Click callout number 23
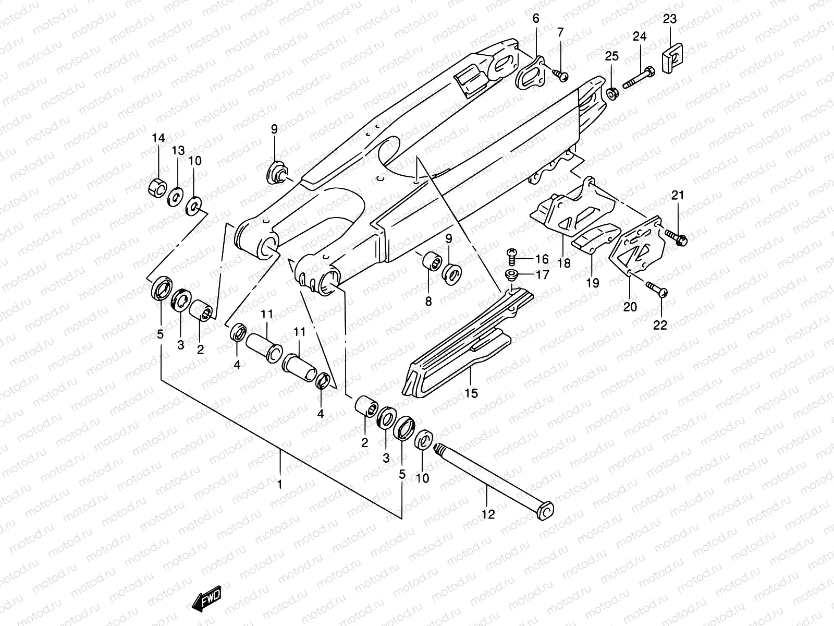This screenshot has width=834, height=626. pyautogui.click(x=670, y=19)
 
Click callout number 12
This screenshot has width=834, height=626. pyautogui.click(x=488, y=514)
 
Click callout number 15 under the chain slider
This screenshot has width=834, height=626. pyautogui.click(x=471, y=393)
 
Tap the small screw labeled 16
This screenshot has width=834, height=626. pyautogui.click(x=512, y=255)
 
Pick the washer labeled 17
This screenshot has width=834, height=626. pyautogui.click(x=512, y=274)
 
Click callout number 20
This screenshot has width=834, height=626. pyautogui.click(x=630, y=306)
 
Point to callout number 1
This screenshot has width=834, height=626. pyautogui.click(x=279, y=484)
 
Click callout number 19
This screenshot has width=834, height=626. pyautogui.click(x=593, y=283)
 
